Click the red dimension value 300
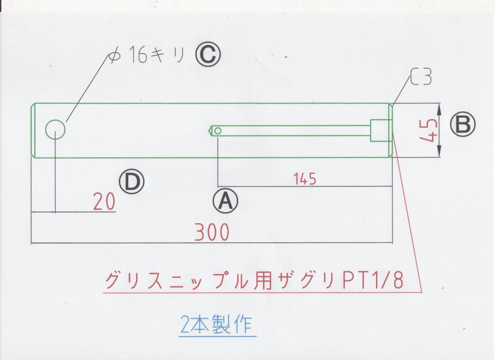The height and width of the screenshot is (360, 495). point(212,233)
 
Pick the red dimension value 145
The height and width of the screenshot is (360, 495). point(305,179)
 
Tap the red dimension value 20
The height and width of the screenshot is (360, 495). point(104,202)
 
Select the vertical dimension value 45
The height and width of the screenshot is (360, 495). point(428,130)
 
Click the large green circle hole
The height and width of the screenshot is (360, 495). point(55,130)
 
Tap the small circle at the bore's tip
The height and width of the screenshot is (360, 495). point(218,131)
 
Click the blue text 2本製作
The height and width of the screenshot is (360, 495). point(216,324)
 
